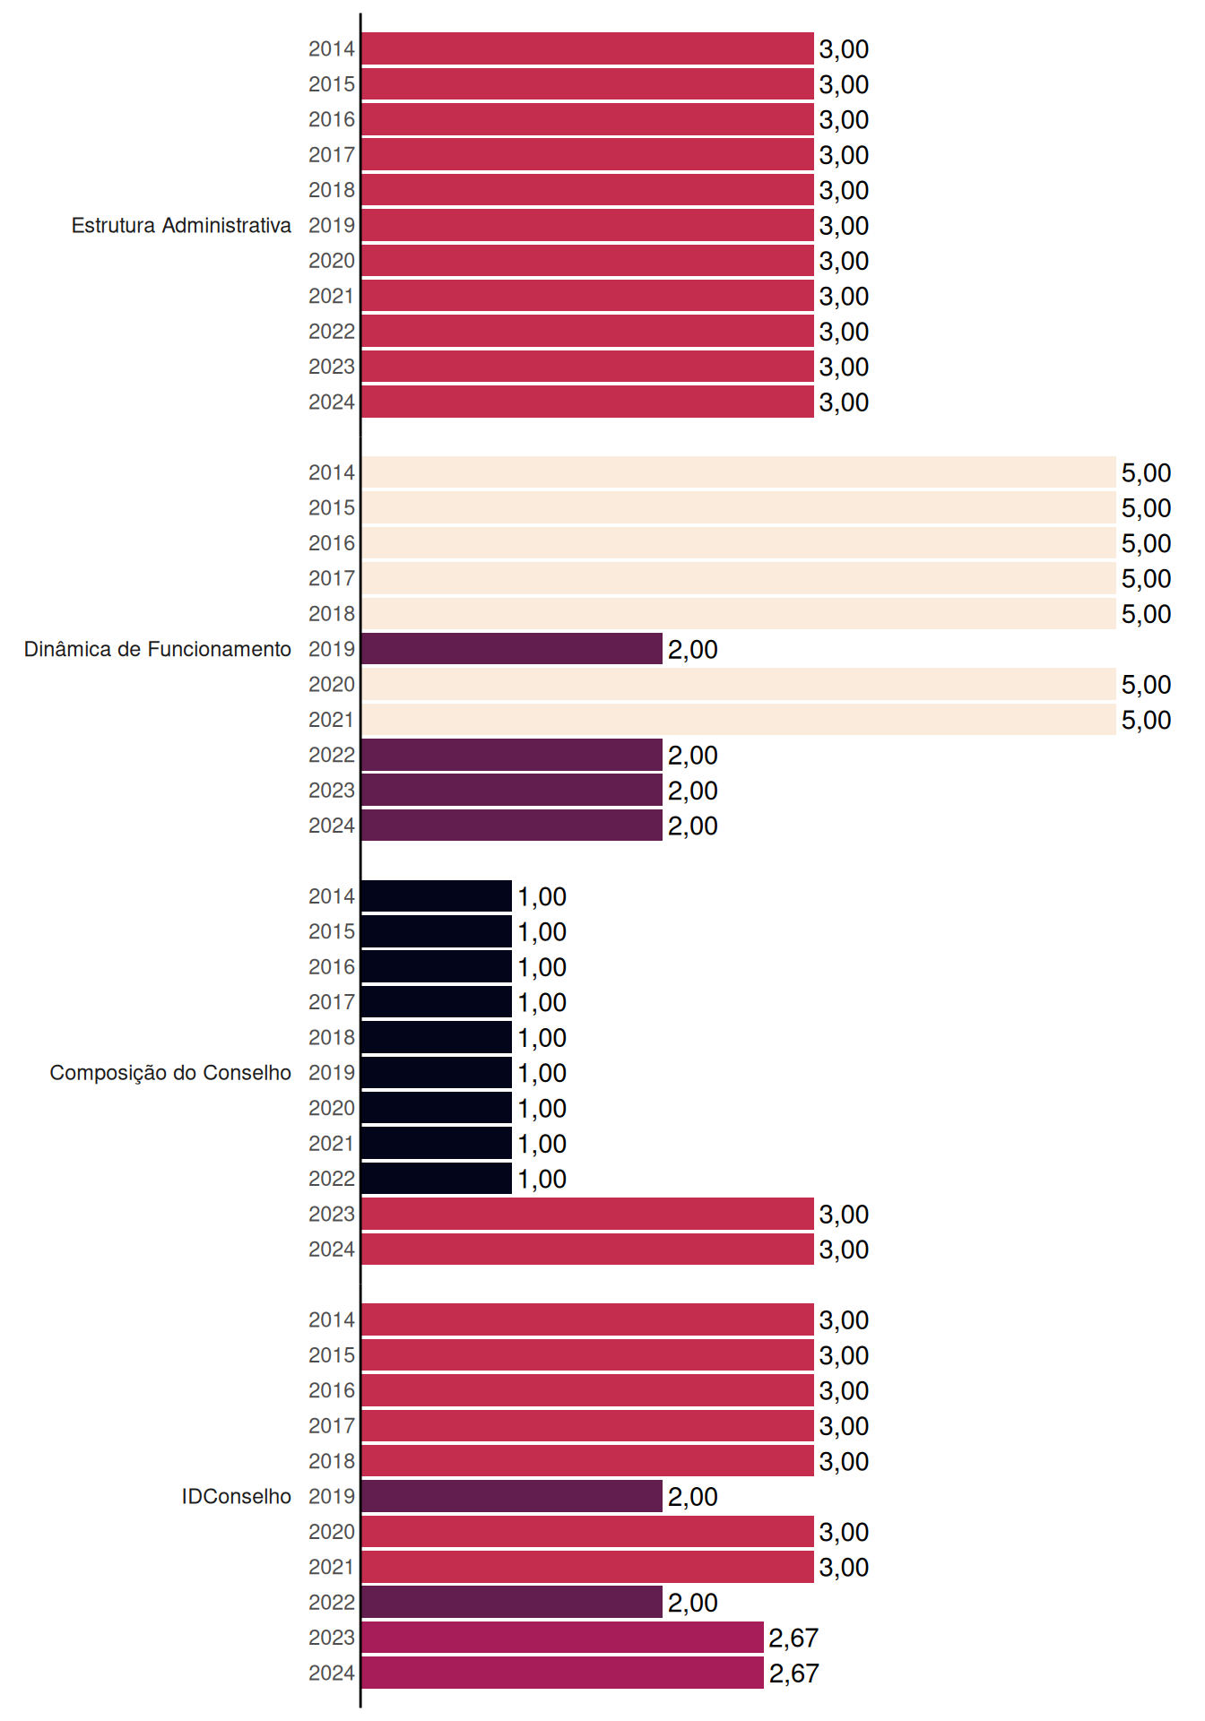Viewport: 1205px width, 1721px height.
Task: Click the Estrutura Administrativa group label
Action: [x=181, y=225]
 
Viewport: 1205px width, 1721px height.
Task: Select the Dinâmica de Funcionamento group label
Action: [x=158, y=649]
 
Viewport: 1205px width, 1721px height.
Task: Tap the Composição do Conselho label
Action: [x=170, y=1073]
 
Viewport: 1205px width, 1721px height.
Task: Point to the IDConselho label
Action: [x=237, y=1496]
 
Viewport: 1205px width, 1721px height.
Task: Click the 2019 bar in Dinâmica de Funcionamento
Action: [x=512, y=649]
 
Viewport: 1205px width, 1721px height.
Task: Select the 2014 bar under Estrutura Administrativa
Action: [x=587, y=48]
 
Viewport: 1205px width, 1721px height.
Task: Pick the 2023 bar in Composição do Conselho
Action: [x=587, y=1214]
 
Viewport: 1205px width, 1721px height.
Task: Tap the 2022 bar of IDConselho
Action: [x=512, y=1602]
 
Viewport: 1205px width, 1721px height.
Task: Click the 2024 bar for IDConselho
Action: [x=562, y=1673]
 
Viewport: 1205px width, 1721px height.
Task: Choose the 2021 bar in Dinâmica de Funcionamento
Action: [x=739, y=719]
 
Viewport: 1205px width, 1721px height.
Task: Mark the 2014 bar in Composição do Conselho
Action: [x=437, y=896]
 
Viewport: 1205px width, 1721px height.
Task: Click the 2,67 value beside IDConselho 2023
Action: [x=793, y=1638]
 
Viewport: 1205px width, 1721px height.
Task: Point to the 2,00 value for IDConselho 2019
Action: [x=693, y=1496]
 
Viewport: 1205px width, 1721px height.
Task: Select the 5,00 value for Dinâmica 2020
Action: [x=1147, y=684]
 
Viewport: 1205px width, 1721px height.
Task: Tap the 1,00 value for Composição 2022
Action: [x=542, y=1179]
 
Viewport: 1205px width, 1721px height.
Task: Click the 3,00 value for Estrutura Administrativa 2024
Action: [x=845, y=402]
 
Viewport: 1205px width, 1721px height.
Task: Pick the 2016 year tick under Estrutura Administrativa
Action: [x=332, y=119]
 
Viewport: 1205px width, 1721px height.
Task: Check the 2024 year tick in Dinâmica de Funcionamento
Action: [x=332, y=826]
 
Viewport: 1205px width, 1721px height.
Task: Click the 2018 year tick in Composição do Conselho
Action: [x=332, y=1037]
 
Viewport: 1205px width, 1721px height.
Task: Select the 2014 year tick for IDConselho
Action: [x=332, y=1319]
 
